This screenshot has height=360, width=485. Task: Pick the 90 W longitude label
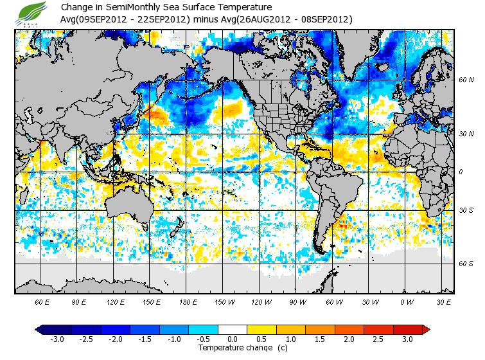(x=297, y=301)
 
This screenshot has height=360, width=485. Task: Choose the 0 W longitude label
(x=407, y=301)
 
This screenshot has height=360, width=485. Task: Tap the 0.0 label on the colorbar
(x=233, y=339)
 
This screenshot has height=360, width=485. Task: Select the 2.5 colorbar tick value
(x=379, y=339)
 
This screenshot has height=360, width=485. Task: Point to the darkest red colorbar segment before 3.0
(x=407, y=330)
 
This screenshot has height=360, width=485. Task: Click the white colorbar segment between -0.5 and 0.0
(x=218, y=330)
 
